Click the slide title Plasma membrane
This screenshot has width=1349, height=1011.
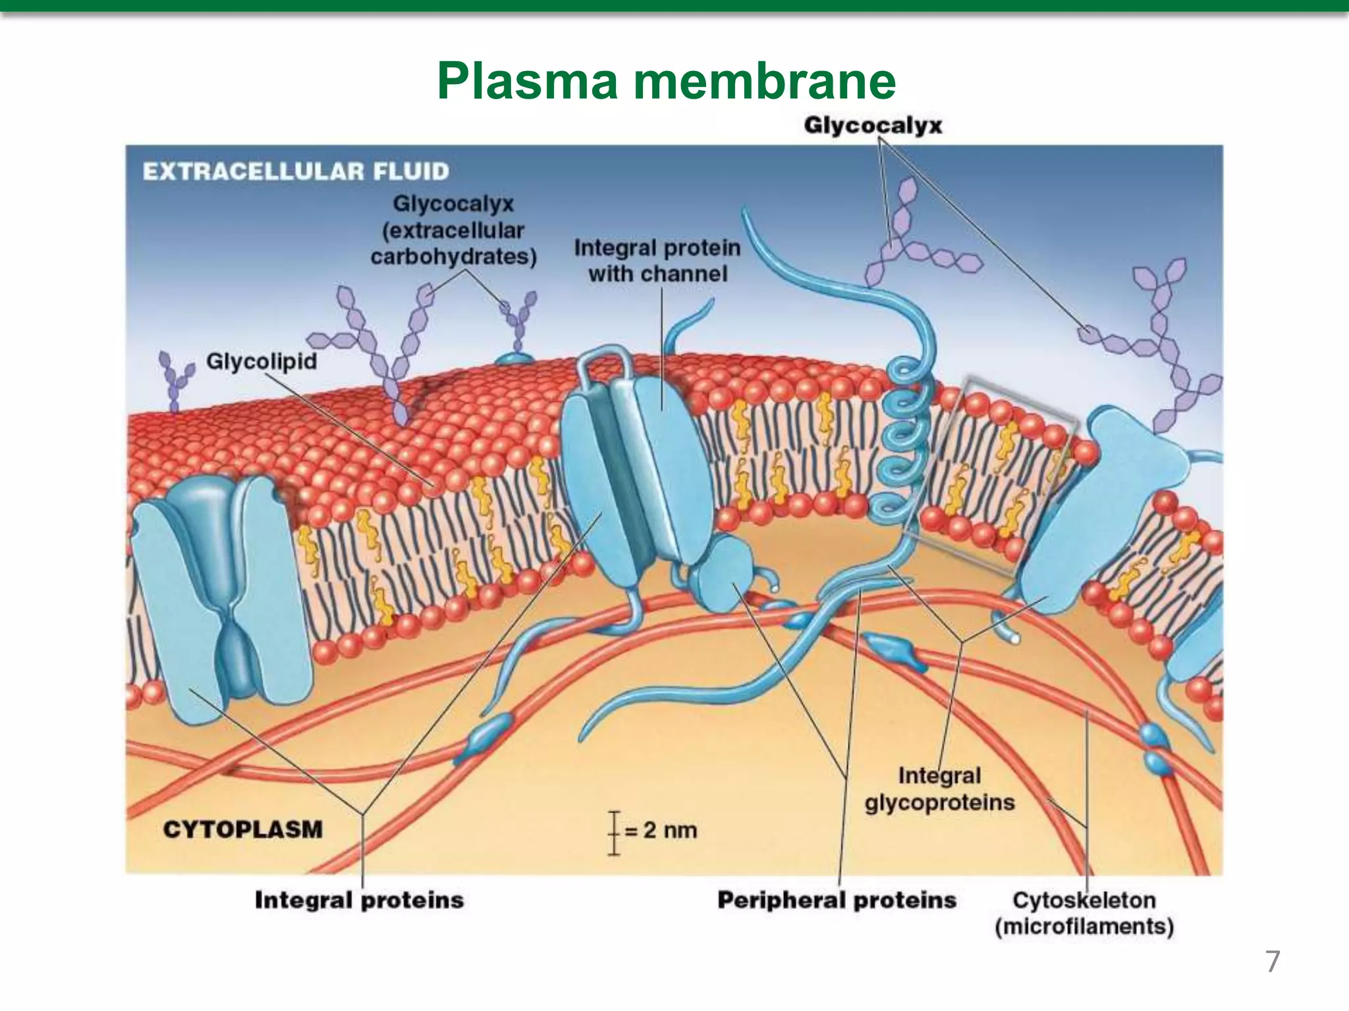tap(666, 81)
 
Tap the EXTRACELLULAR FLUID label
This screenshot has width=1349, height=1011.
tap(296, 172)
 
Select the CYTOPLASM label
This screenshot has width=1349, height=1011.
tap(243, 829)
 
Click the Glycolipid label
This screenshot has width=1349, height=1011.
tap(262, 361)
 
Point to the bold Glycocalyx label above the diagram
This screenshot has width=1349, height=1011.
tap(873, 125)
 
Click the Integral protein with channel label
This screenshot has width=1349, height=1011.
tap(657, 261)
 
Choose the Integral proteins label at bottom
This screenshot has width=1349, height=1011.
tap(359, 900)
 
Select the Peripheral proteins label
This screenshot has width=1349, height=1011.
tap(837, 900)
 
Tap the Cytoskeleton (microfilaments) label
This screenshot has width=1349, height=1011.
tap(1084, 913)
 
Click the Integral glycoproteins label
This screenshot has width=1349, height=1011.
tap(939, 789)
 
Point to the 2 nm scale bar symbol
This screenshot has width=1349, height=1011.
tap(614, 833)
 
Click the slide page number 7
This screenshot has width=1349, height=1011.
tap(1273, 962)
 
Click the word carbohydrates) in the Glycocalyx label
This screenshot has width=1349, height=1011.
tap(453, 257)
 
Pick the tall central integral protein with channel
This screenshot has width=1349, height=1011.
tap(626, 461)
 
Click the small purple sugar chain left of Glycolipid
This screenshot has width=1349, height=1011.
tap(175, 382)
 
